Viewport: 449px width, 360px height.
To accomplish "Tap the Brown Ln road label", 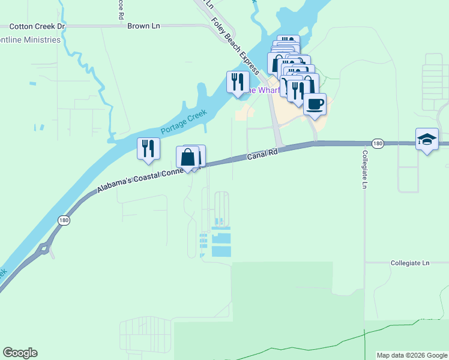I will (x=143, y=26).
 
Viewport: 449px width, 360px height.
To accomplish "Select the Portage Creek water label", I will (x=183, y=122).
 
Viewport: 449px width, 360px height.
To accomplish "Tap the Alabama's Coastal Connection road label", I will (x=146, y=178).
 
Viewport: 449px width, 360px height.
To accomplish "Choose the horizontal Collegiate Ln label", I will (x=410, y=263).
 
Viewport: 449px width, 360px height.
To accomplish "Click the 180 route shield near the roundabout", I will (x=64, y=220).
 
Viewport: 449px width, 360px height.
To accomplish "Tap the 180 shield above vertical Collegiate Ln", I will (x=377, y=143).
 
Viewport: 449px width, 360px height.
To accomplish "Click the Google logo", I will (x=20, y=353).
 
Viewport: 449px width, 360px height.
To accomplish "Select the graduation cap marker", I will (x=427, y=140).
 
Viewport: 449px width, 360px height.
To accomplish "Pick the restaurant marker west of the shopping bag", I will (x=148, y=148).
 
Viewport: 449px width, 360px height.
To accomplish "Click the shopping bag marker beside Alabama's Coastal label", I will (x=188, y=158).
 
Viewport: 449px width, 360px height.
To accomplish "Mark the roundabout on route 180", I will (x=43, y=248).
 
